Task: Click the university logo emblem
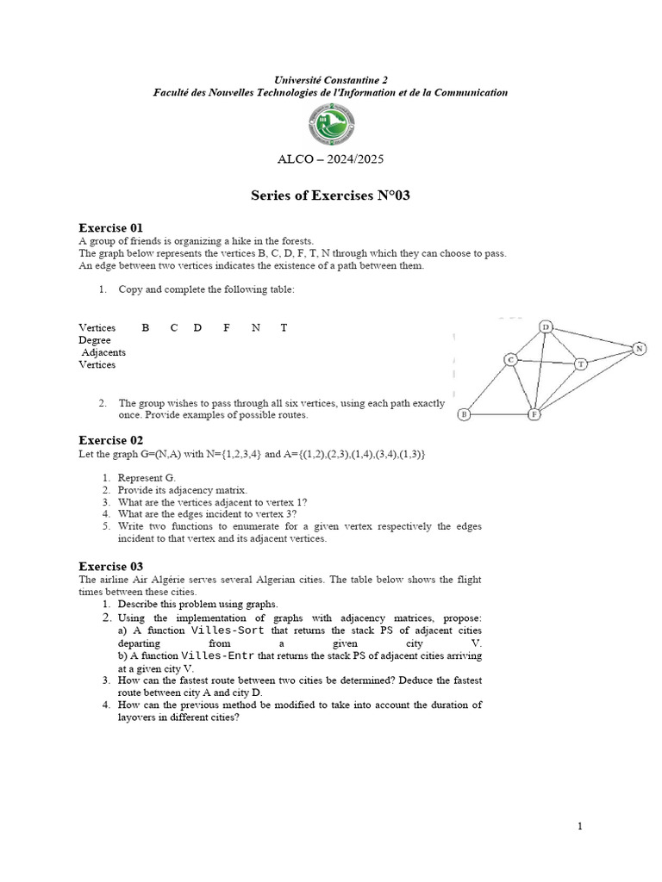(x=330, y=127)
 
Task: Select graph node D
(x=546, y=326)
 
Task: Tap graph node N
(x=639, y=348)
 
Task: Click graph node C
(x=510, y=359)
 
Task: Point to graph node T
(x=581, y=363)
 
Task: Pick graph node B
(x=464, y=414)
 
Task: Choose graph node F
(x=534, y=414)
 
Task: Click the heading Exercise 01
(x=110, y=228)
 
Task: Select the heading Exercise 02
(x=110, y=440)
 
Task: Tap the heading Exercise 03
(x=110, y=566)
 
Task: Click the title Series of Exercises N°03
(x=330, y=196)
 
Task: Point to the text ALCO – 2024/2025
(x=330, y=159)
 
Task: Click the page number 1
(x=580, y=827)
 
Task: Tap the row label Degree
(x=94, y=340)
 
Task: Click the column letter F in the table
(x=226, y=328)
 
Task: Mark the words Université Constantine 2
(x=330, y=79)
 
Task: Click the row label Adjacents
(x=103, y=352)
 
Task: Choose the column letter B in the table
(x=146, y=328)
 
